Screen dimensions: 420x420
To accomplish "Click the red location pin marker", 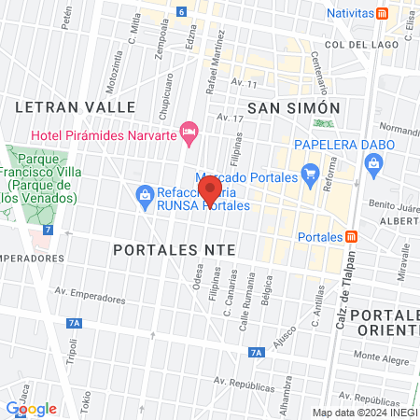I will [210, 189].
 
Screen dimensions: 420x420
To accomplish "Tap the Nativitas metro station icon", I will [382, 14].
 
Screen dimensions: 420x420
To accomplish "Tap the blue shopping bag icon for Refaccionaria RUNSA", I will [145, 194].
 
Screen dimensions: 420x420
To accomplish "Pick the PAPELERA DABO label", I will [335, 145].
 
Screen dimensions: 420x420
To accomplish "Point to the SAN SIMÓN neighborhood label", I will [289, 108].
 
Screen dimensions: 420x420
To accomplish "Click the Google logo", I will [32, 408].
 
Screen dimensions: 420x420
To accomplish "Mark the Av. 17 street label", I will [228, 119].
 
